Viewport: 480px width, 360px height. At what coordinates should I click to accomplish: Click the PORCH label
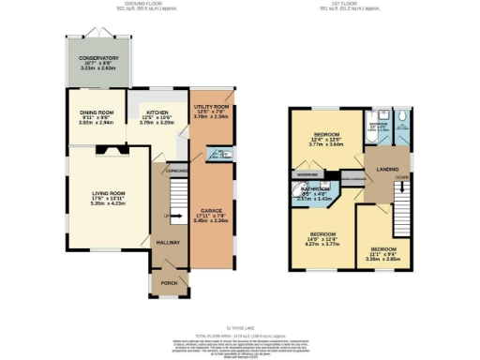click(170, 282)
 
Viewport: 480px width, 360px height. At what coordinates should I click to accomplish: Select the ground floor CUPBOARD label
click(177, 171)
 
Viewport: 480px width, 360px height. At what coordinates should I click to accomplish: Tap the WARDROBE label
click(307, 174)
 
